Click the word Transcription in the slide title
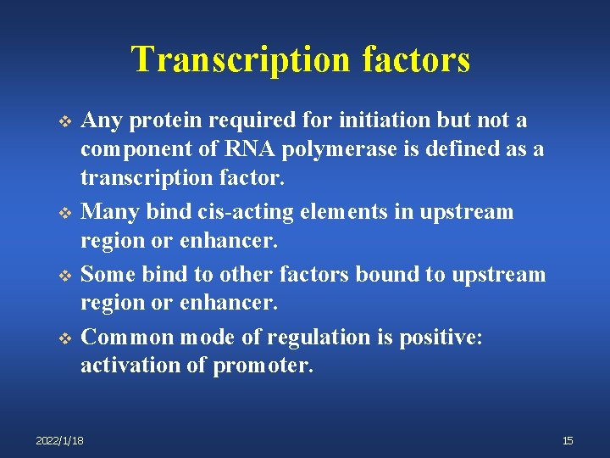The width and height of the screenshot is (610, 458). tap(241, 60)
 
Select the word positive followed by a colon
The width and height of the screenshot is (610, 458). tap(440, 337)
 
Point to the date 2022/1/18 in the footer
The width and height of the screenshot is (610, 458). tap(59, 440)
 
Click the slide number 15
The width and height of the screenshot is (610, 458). tap(567, 440)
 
